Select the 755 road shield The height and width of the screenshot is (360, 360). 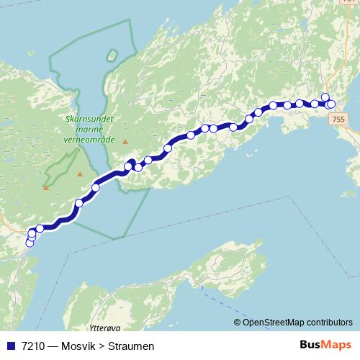(340, 118)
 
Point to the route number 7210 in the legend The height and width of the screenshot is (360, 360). (32, 346)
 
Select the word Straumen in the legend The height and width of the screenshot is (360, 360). (131, 346)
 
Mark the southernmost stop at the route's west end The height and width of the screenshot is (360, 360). (30, 243)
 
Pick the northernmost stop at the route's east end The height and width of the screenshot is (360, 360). (325, 97)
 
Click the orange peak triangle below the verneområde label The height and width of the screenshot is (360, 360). (125, 142)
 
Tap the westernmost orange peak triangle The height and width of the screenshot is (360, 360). (45, 188)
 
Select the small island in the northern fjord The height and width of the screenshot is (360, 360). (111, 55)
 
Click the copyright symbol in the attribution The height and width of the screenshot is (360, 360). (238, 323)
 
